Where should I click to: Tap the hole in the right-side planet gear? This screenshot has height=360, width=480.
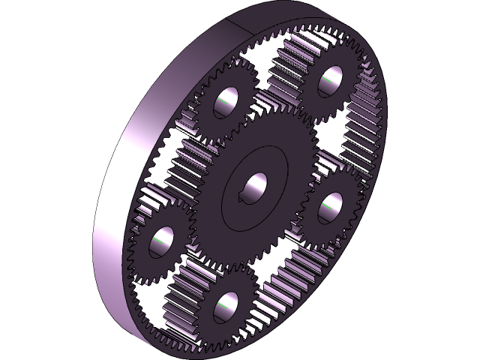click(x=330, y=208)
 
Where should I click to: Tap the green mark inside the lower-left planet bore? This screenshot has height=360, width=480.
click(x=160, y=241)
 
